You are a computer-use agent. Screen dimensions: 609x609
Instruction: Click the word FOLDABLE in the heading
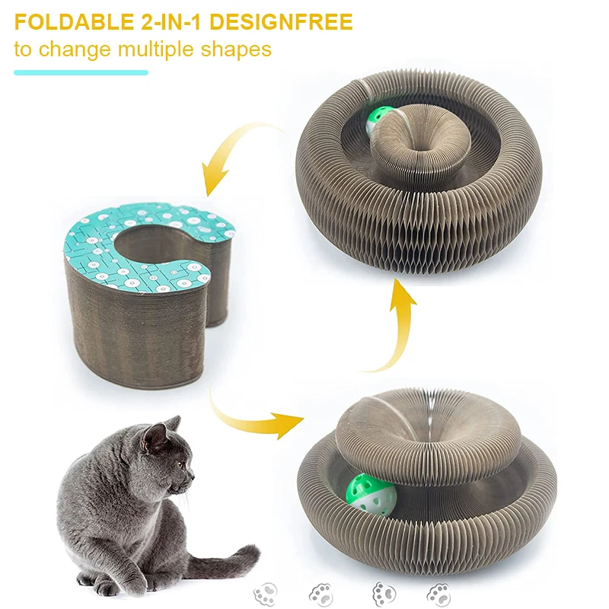74,22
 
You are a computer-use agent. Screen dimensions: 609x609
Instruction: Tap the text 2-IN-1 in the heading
171,22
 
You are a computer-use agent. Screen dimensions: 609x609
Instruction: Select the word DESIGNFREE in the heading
280,22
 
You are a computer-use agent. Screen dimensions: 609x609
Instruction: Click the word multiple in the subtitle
156,50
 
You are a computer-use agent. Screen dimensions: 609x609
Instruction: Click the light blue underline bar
81,72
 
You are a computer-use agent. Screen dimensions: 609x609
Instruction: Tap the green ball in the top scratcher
376,120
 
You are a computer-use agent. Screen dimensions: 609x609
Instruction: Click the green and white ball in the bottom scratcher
371,495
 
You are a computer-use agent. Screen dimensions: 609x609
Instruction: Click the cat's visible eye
181,464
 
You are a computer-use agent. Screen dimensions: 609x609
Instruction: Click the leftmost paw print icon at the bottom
266,594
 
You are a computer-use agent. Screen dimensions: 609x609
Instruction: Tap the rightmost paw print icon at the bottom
439,594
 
